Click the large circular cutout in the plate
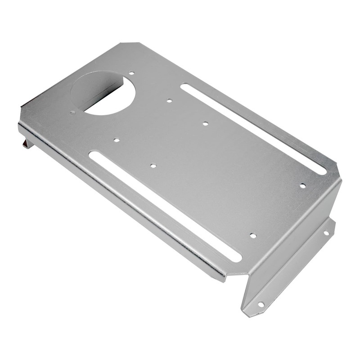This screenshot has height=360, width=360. [103, 92]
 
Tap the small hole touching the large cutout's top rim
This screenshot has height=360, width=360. [131, 73]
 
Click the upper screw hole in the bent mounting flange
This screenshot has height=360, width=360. [326, 233]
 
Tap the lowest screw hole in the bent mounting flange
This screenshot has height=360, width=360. [261, 305]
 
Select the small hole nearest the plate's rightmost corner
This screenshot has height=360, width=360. [302, 185]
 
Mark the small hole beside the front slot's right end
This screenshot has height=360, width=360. [253, 235]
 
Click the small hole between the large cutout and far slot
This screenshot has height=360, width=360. [169, 100]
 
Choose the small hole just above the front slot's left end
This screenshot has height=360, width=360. [116, 140]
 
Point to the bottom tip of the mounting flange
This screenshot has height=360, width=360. [247, 313]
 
